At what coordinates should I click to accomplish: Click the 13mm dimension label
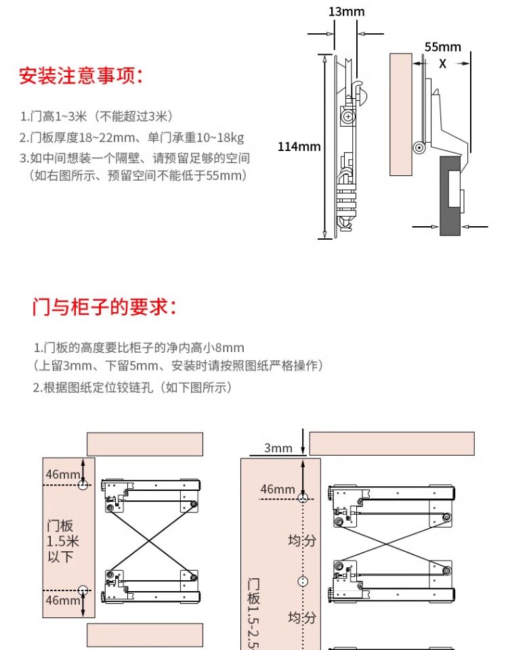(346, 12)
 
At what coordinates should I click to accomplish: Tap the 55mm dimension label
(442, 47)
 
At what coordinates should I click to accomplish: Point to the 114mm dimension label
(299, 146)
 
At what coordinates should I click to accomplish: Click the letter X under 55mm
(442, 64)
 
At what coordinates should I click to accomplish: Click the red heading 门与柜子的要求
(104, 308)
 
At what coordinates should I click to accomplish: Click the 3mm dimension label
(278, 448)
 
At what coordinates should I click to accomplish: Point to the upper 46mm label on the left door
(62, 474)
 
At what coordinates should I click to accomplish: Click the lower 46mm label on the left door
(62, 601)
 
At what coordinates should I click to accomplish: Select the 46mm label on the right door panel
(278, 489)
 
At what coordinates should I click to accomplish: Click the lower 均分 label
(301, 617)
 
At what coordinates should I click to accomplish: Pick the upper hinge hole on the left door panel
(83, 485)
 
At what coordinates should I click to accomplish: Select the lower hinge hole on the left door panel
(83, 589)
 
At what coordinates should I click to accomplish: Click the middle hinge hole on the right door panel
(303, 581)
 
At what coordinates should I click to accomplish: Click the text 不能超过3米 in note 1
(136, 116)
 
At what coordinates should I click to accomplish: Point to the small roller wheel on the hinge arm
(420, 147)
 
